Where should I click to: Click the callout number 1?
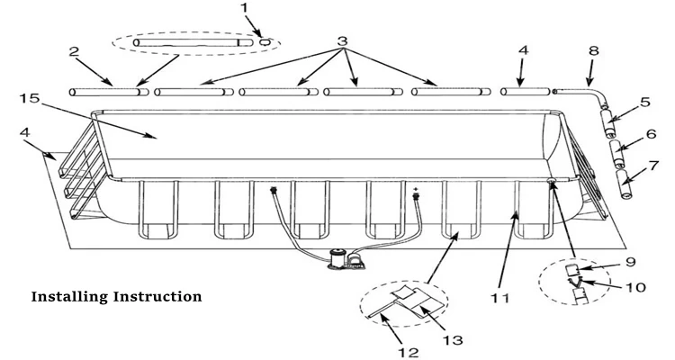pyautogui.click(x=245, y=8)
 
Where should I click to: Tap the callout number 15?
pyautogui.click(x=30, y=98)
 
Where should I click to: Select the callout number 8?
pyautogui.click(x=594, y=50)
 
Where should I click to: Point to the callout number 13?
pyautogui.click(x=453, y=340)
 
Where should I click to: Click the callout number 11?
pyautogui.click(x=500, y=298)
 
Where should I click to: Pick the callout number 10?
pyautogui.click(x=636, y=287)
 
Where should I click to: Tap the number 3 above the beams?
pyautogui.click(x=342, y=41)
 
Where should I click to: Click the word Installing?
pyautogui.click(x=69, y=297)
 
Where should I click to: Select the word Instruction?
pyautogui.click(x=157, y=296)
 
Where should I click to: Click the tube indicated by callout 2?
pyautogui.click(x=109, y=92)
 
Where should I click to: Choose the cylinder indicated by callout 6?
pyautogui.click(x=617, y=154)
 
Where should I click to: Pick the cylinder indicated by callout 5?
pyautogui.click(x=609, y=123)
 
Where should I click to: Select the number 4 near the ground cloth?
pyautogui.click(x=25, y=132)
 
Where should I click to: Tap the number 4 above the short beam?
pyautogui.click(x=523, y=50)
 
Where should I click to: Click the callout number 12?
pyautogui.click(x=408, y=353)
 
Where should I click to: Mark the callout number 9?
pyautogui.click(x=630, y=262)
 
